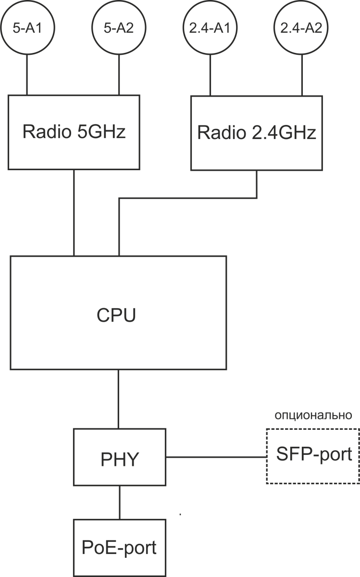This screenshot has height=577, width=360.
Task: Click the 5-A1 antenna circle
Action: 27,28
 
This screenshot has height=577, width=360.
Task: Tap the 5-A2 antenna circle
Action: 118,28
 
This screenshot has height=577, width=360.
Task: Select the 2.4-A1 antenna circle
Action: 210,28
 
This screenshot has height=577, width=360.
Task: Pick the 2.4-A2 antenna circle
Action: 301,28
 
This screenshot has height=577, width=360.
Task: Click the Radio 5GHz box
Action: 74,132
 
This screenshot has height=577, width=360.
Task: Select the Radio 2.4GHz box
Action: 257,133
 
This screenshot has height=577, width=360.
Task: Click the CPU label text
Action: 116,315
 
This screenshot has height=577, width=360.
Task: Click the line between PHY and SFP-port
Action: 216,456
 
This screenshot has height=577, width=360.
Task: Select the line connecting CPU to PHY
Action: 119,399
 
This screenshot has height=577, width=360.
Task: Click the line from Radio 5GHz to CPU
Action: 74,212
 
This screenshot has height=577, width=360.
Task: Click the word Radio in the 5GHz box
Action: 45,132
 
